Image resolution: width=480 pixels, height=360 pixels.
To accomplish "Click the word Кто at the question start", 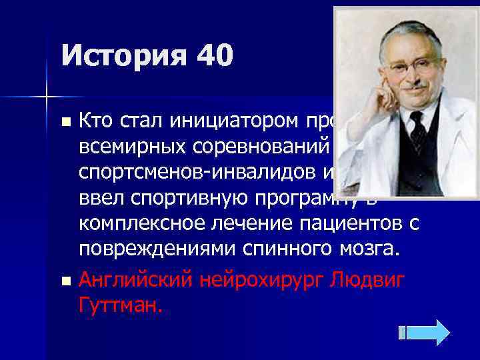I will pos(97,121).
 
